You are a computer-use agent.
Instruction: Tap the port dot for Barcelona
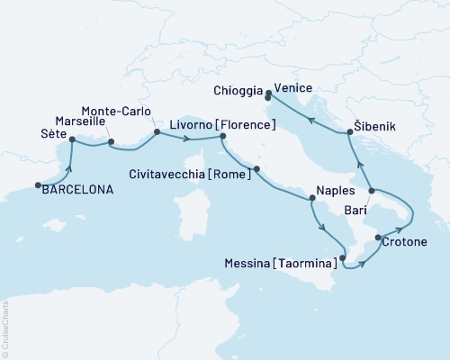tap(39, 186)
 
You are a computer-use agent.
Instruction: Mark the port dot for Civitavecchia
tap(257, 169)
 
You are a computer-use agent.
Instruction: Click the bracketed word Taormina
tap(310, 264)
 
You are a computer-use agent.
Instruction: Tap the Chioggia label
tap(238, 91)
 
